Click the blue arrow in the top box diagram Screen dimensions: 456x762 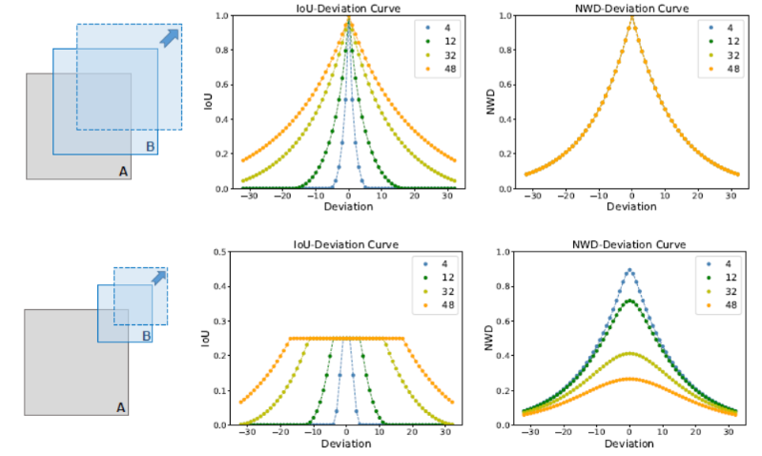168,37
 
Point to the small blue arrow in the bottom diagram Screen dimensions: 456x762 159,278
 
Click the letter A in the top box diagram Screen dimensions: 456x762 122,171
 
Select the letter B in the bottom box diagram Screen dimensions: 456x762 146,336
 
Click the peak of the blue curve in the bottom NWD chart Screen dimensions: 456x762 629,270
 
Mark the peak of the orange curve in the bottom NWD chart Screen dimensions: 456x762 629,379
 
